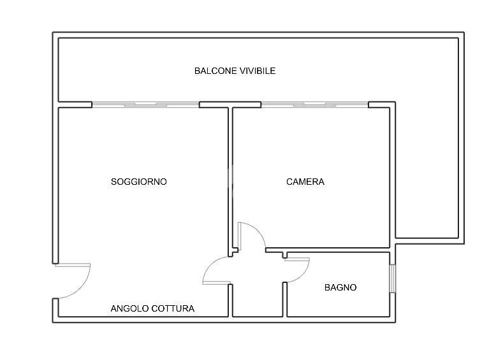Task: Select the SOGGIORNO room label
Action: (139, 182)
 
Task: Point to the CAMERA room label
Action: (305, 182)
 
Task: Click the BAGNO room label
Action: (340, 287)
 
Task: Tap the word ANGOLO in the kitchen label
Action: (129, 308)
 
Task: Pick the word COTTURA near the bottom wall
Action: (173, 308)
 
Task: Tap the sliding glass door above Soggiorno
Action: (145, 104)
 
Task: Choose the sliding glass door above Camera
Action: (315, 104)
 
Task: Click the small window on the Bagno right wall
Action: (393, 278)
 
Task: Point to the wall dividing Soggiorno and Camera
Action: (230, 180)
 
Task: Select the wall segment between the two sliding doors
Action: (230, 104)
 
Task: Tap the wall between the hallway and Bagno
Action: (285, 299)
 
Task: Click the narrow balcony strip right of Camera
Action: (427, 171)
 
